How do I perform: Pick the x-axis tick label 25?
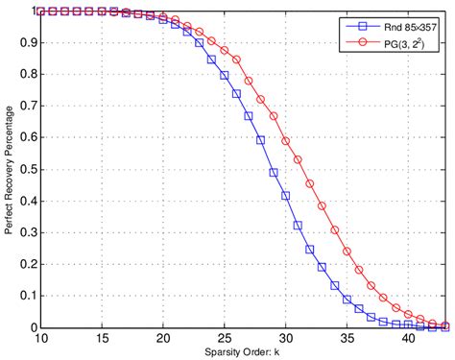click(224, 337)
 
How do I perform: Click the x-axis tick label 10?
click(40, 337)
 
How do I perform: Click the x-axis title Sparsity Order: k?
click(244, 350)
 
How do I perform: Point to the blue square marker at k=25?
click(224, 75)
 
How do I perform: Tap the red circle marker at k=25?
click(224, 50)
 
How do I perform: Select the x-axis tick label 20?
click(162, 337)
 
